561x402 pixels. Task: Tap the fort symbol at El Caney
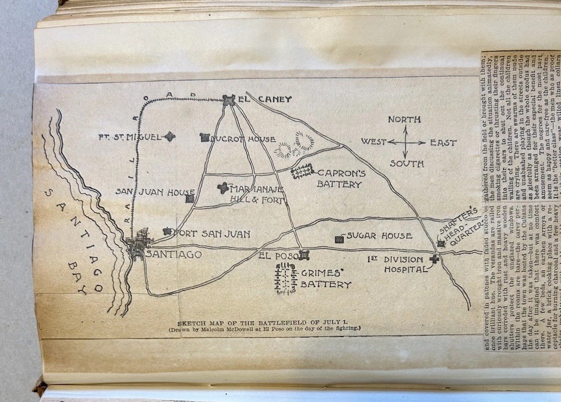click(229, 99)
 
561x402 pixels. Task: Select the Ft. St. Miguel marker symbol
click(169, 137)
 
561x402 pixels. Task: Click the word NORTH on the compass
click(404, 120)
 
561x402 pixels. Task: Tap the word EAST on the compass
click(444, 143)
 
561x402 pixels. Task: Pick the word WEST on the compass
click(373, 142)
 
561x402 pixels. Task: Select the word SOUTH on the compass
click(407, 164)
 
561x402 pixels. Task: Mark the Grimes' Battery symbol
click(286, 278)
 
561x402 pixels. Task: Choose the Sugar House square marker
click(339, 239)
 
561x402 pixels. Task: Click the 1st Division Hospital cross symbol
click(434, 259)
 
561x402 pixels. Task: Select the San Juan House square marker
click(189, 198)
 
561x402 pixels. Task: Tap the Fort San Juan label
click(211, 234)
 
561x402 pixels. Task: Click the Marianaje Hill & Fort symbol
click(223, 188)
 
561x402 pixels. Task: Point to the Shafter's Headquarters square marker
click(440, 243)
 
